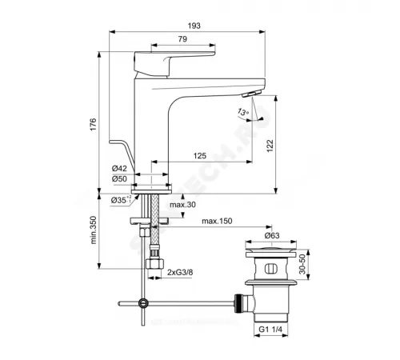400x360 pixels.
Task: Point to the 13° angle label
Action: click(240, 113)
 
